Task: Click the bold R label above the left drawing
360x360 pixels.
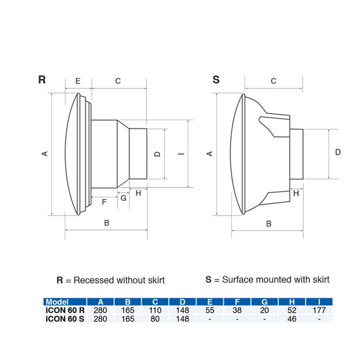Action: click(42, 80)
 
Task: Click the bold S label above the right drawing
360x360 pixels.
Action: click(216, 80)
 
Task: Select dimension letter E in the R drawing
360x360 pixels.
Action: click(77, 81)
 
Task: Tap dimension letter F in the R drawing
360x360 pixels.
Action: click(104, 202)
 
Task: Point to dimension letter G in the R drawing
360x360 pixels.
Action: click(123, 198)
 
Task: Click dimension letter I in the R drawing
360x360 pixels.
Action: click(181, 154)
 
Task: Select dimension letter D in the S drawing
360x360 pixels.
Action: click(338, 152)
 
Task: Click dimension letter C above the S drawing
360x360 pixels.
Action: click(273, 81)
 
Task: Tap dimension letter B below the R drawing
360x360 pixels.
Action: click(107, 223)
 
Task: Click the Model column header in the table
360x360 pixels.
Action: click(57, 302)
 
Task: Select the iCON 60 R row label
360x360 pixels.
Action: click(65, 310)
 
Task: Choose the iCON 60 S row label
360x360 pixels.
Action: click(65, 319)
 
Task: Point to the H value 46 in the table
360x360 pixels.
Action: click(292, 319)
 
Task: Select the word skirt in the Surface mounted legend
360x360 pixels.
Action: click(319, 279)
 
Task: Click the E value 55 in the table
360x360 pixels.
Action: click(210, 310)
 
